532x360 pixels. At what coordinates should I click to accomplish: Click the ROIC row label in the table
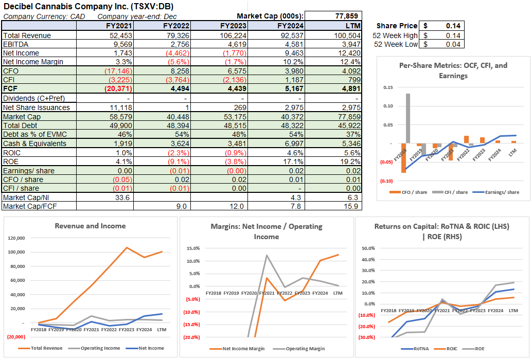pos(12,153)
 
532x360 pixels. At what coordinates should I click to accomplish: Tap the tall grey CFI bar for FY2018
pos(408,118)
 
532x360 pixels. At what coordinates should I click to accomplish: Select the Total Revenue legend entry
pos(46,348)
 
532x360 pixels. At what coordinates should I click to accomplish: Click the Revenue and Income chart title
pos(90,226)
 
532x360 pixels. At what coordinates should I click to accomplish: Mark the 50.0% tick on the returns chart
pos(368,248)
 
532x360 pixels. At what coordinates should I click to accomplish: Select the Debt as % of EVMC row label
pos(34,134)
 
